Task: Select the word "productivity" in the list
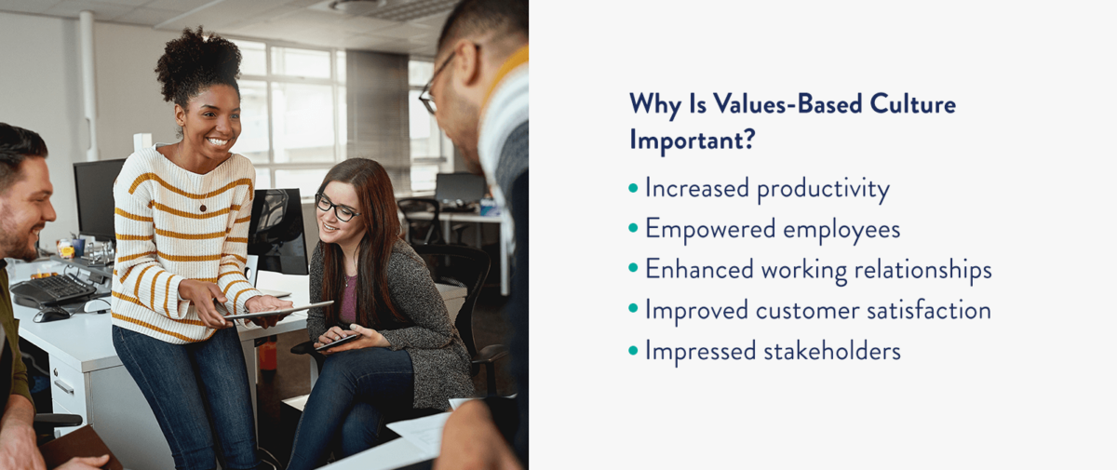[823, 189]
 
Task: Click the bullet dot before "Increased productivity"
[634, 188]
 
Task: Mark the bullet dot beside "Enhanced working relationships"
[634, 269]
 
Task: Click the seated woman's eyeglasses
[335, 208]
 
